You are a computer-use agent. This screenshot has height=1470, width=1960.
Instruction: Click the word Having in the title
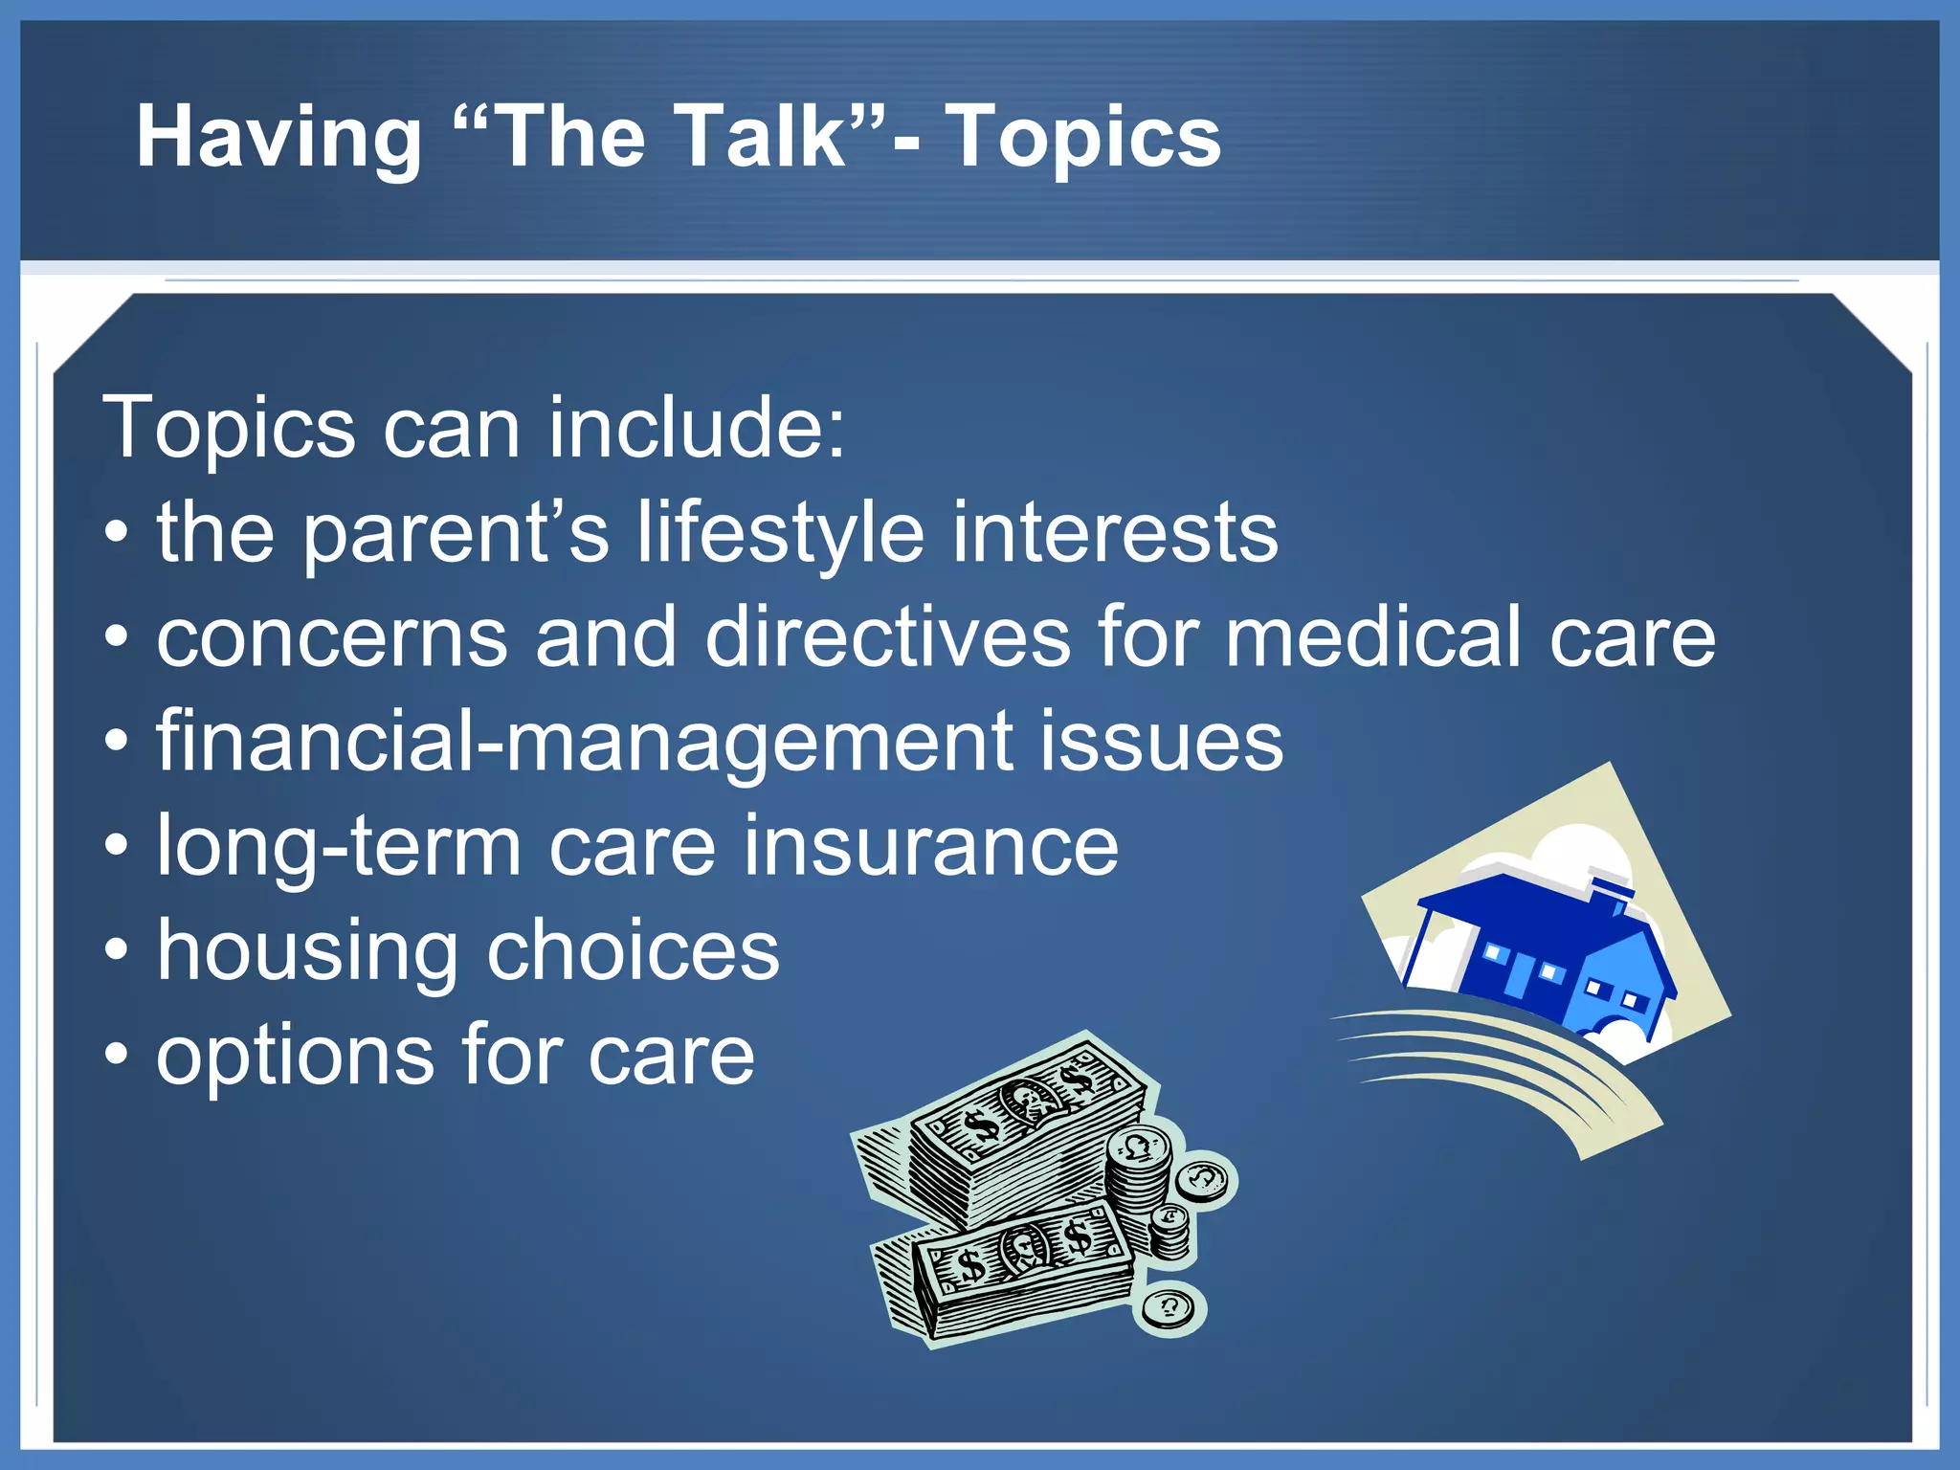click(278, 139)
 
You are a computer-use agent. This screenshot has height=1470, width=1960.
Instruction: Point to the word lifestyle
click(781, 534)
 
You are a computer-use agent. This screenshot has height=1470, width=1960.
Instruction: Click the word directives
click(887, 638)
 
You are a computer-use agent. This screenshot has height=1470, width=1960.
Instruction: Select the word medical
click(1373, 638)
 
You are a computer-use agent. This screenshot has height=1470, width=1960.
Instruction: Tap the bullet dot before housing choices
click(116, 951)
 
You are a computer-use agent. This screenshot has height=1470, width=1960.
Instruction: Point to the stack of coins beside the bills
click(1139, 1177)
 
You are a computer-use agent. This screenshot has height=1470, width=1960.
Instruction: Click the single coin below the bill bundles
click(1169, 1306)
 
